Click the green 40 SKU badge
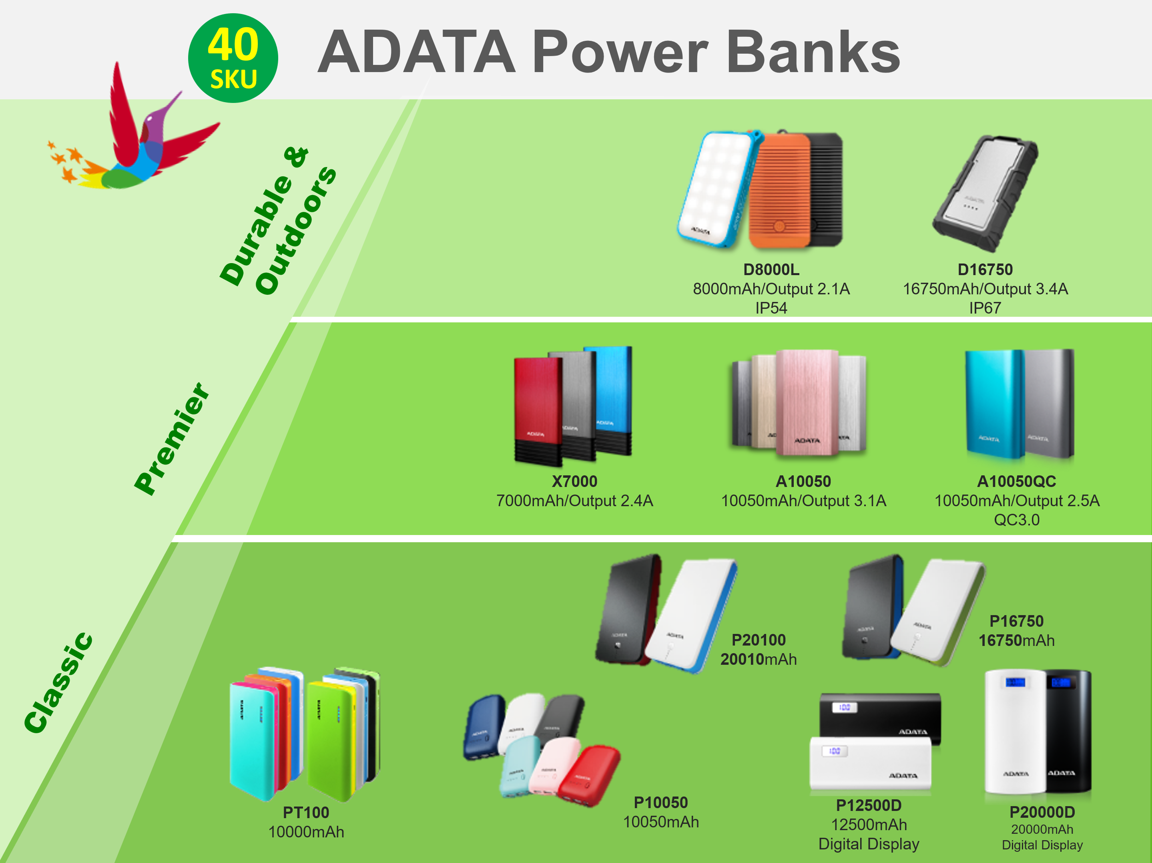[233, 58]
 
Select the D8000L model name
[771, 270]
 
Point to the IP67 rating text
[985, 308]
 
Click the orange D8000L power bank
[780, 189]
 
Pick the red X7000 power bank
[538, 410]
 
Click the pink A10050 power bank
[806, 402]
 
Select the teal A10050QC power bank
[994, 404]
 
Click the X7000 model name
[574, 481]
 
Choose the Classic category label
[58, 683]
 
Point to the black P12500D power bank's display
[844, 707]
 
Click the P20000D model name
[1042, 811]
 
